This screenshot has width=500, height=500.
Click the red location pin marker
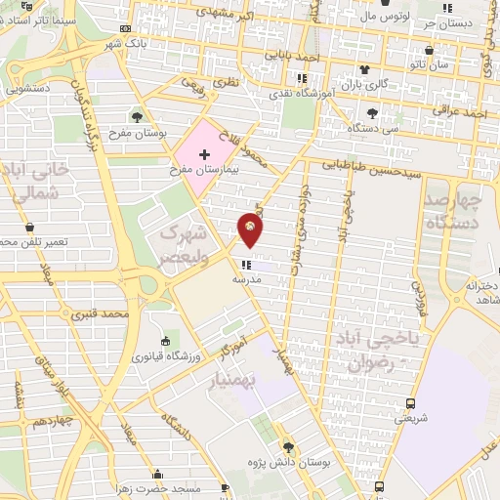click(251, 230)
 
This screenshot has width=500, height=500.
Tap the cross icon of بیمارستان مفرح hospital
click(203, 155)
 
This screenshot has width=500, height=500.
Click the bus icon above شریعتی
click(410, 402)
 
